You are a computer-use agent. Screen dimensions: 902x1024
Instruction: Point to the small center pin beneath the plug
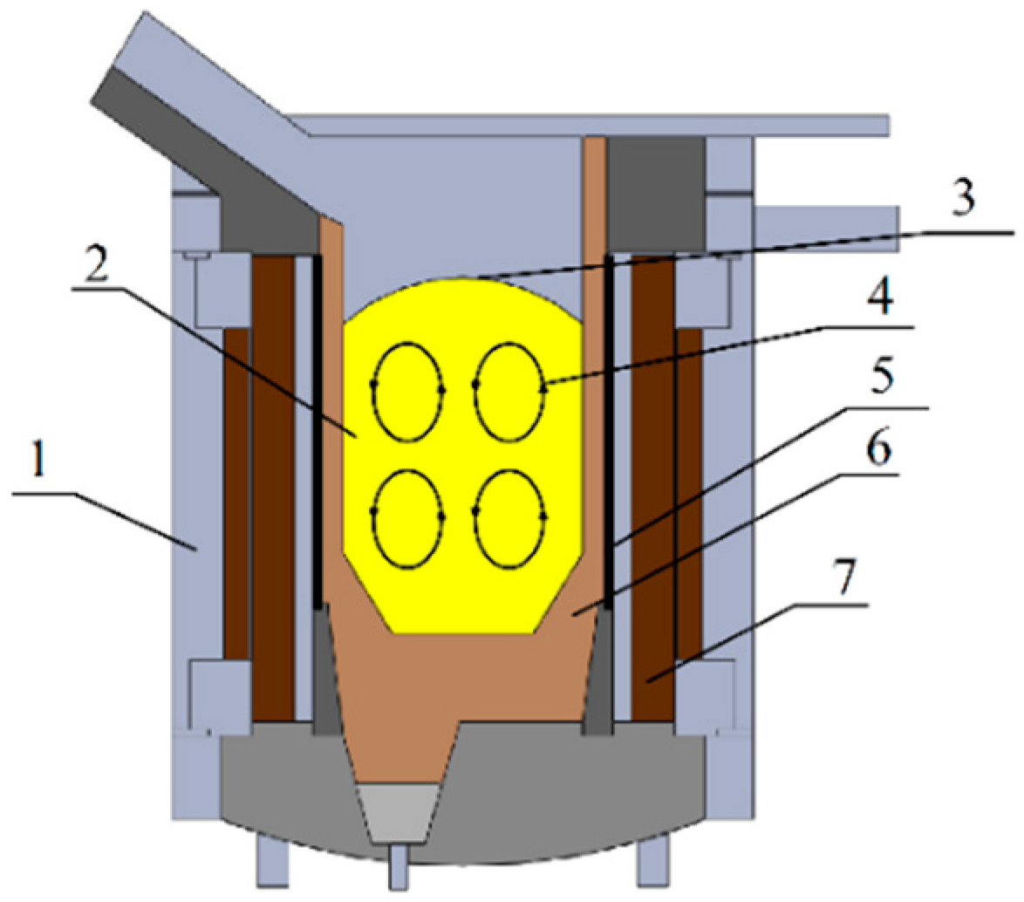click(x=399, y=863)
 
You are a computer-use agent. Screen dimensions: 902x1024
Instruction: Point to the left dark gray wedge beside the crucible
click(x=330, y=672)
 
